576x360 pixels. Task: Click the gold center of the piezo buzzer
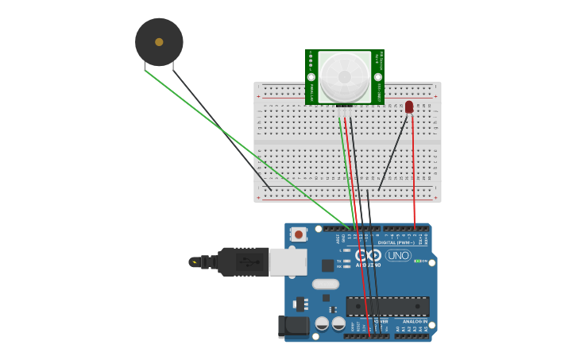click(159, 42)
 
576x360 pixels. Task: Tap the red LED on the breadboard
click(409, 106)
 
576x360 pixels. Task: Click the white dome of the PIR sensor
click(345, 76)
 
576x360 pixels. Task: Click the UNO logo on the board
click(398, 256)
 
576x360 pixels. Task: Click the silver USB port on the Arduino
click(288, 261)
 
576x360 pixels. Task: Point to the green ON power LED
click(416, 261)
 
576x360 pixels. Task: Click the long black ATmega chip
click(388, 306)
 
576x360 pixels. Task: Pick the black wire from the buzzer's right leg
click(222, 131)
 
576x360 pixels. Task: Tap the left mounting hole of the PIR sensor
click(311, 77)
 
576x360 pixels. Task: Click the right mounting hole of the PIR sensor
click(378, 77)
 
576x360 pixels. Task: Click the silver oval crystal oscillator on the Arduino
click(326, 284)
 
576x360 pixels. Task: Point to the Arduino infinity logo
click(369, 255)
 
